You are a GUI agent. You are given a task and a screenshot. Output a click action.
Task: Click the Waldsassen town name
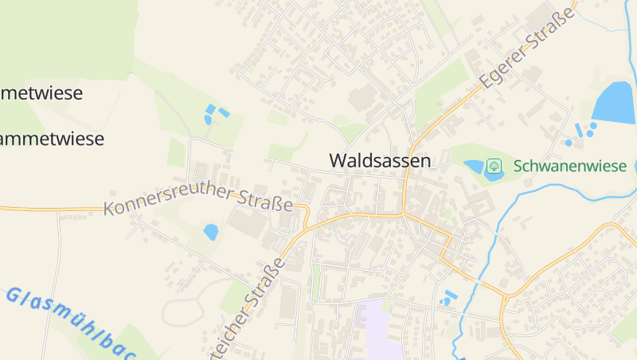[x=380, y=160]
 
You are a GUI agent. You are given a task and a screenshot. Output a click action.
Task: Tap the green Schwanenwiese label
[x=570, y=166]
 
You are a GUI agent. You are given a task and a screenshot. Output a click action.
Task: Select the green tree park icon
[x=494, y=166]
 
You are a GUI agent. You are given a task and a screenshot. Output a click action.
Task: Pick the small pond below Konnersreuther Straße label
[x=210, y=232]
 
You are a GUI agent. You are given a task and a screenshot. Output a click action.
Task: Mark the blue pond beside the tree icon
[x=475, y=167]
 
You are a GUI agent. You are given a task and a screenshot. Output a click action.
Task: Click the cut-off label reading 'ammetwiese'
[x=51, y=139]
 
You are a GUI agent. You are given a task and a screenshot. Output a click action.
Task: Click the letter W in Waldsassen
[x=338, y=160]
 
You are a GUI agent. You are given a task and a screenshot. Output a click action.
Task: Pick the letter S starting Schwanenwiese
[x=518, y=166]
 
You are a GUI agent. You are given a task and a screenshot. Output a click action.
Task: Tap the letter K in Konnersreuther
[x=109, y=209]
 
